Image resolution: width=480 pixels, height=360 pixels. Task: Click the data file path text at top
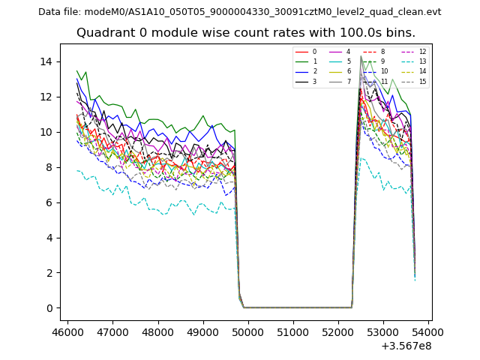240,12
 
